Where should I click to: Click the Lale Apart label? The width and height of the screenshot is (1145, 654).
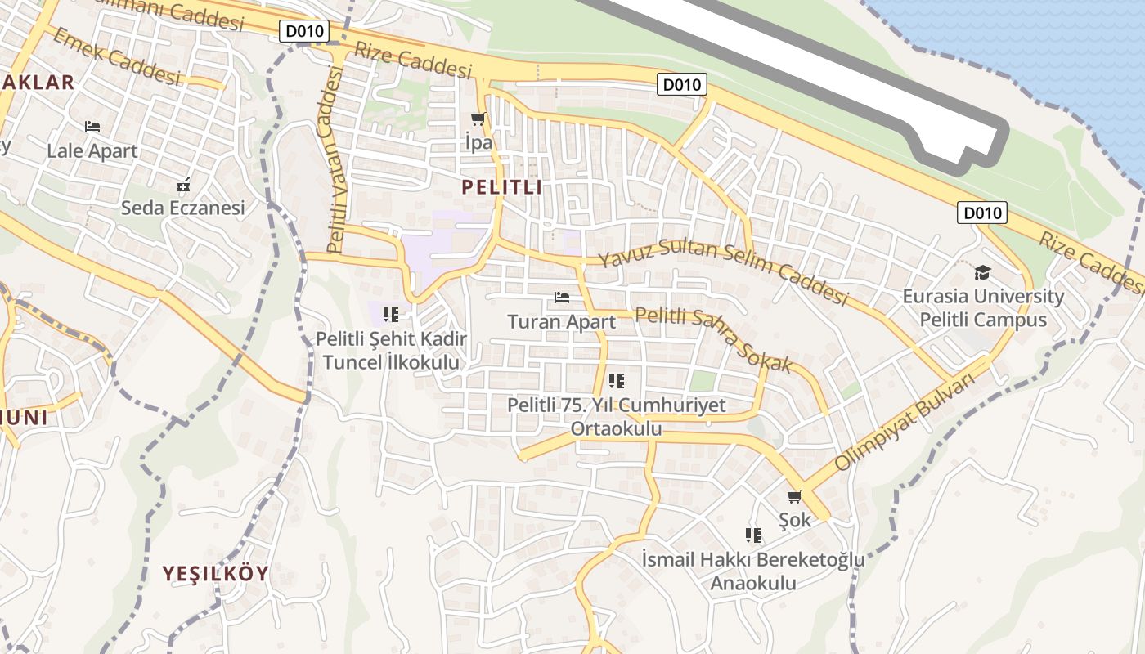[x=92, y=150]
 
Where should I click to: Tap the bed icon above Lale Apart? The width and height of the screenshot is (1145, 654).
[x=92, y=127]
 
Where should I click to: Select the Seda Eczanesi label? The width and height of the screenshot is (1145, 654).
[x=182, y=208]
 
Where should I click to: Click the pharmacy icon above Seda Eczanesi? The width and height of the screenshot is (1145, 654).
[x=183, y=183]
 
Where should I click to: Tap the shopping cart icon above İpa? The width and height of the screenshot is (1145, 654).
[x=478, y=119]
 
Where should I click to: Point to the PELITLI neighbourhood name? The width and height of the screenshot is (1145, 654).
[x=501, y=187]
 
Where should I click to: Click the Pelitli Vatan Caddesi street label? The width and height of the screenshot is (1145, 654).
[x=335, y=160]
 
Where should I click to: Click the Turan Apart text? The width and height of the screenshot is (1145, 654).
[x=561, y=321]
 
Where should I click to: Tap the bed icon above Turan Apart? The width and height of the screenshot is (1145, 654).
[x=561, y=298]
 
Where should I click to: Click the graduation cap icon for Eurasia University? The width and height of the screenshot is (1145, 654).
[x=982, y=272]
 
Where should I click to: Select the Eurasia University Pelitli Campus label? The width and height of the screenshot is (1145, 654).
[x=983, y=307]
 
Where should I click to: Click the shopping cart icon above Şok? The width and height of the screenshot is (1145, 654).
[x=794, y=496]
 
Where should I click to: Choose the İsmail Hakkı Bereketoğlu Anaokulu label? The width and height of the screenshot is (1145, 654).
[x=752, y=571]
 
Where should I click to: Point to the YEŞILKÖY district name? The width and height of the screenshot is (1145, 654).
[x=215, y=573]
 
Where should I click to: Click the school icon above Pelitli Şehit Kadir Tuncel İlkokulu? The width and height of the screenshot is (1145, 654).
[x=391, y=314]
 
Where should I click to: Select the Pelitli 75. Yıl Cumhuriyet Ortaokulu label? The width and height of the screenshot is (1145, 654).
[x=616, y=417]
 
